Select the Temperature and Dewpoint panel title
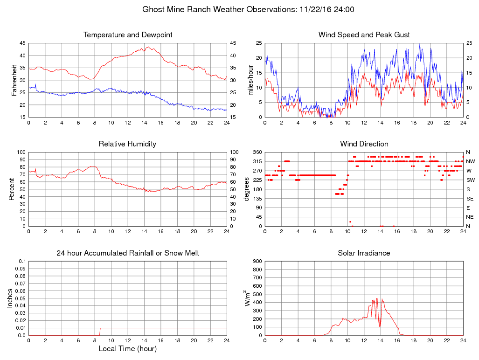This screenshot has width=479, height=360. tap(128, 35)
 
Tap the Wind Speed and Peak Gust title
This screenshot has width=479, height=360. tap(364, 35)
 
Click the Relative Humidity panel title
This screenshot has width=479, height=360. tap(127, 144)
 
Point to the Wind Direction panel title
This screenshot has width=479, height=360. tap(364, 144)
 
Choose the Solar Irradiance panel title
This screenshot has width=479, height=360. tap(364, 253)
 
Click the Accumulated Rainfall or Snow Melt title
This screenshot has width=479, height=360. tap(128, 253)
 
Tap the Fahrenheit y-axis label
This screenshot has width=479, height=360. tap(15, 80)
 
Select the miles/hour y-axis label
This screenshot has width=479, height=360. tap(251, 80)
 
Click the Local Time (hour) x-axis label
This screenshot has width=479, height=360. tap(127, 349)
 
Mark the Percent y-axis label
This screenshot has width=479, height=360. tap(12, 189)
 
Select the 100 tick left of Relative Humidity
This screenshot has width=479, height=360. tap(20, 152)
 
